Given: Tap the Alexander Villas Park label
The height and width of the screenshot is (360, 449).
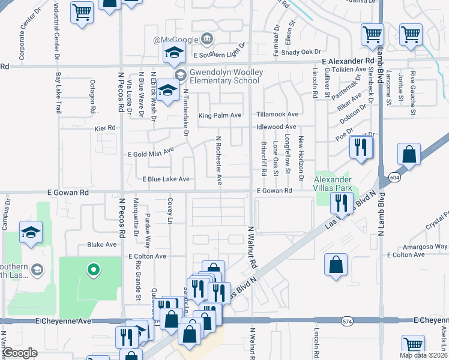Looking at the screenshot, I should coord(334,184).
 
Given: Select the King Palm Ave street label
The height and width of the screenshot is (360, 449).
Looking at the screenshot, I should coord(220,115).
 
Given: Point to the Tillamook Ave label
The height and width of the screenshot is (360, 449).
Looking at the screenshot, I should coord(277,114).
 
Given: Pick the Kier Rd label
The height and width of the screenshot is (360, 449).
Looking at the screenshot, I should coord(104,128).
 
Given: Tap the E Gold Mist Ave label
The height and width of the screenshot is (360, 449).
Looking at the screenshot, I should coord(151,153).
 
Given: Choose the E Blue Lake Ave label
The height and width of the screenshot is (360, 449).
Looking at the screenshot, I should coord(166,179).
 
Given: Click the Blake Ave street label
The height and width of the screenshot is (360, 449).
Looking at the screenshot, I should coord(101,245).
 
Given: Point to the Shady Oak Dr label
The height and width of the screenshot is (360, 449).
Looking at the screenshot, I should coord(295,52).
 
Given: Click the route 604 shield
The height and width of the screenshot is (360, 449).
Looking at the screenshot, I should coord(409,177).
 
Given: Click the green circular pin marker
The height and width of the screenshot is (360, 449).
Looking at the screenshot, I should coord(93,271).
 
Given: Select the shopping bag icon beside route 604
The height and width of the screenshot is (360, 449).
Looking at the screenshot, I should coord(409,154).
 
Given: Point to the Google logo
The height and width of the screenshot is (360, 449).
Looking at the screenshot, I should coord(20,352).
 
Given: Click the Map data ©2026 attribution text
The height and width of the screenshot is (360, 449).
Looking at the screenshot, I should coord(423,355).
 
